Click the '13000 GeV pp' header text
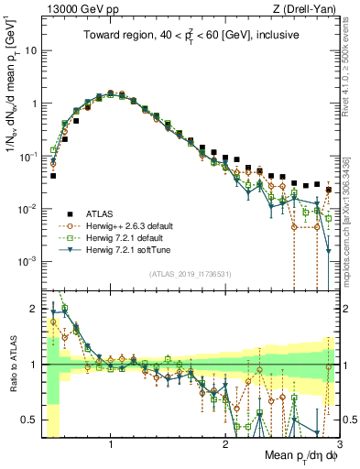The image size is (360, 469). point(78,8)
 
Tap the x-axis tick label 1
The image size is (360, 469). point(111,442)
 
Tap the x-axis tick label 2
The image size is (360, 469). point(225,442)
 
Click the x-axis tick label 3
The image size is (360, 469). point(339,442)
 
